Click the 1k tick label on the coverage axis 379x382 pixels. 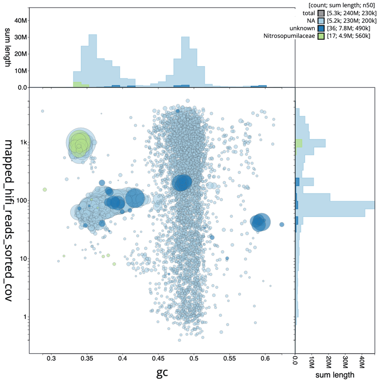tap(23, 143)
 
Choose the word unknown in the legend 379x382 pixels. tap(303, 28)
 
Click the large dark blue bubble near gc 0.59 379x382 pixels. tap(260, 222)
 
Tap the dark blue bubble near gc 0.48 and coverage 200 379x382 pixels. tap(182, 183)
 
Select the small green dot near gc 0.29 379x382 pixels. tap(45, 189)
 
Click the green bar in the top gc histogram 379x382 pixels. tap(77, 85)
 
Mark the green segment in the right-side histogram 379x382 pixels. tap(299, 143)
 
